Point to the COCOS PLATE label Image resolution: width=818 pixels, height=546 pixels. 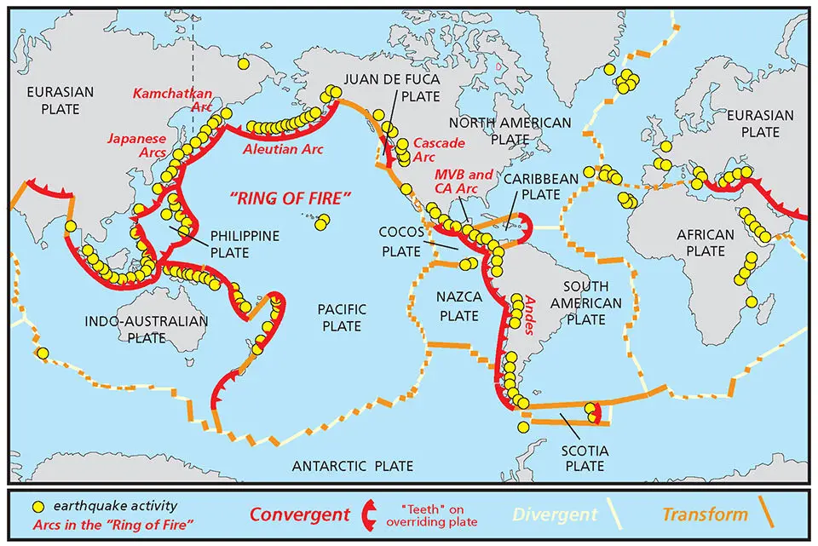401,241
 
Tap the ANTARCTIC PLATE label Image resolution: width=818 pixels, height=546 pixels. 352,466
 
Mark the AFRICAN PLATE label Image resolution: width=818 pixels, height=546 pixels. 705,243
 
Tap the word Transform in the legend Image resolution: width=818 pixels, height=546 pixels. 705,514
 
